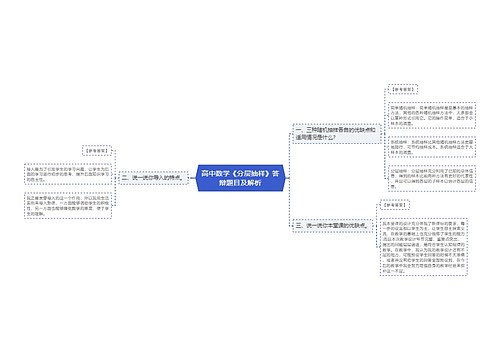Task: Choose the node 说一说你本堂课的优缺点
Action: pos(326,226)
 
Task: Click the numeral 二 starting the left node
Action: pos(123,178)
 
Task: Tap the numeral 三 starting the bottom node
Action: pos(297,226)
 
